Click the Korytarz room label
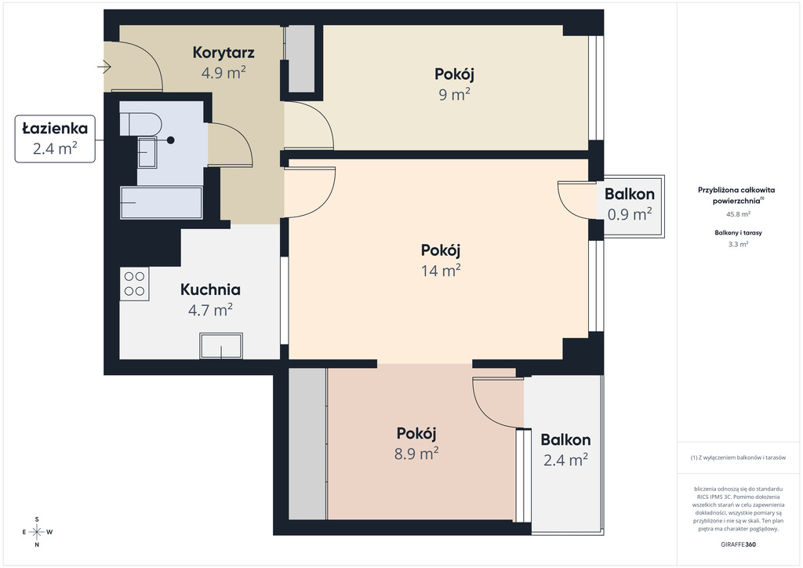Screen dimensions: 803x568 [223, 53]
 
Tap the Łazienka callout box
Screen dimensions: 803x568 [55, 139]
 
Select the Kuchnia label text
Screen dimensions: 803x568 [210, 289]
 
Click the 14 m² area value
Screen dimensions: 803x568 [441, 270]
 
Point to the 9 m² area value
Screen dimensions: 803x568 [454, 94]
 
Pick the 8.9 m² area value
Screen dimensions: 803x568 [416, 453]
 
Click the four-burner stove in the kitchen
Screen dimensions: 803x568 [134, 284]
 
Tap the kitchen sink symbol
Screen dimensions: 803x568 [221, 346]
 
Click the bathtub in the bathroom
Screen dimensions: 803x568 [162, 203]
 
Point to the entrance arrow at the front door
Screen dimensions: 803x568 [104, 67]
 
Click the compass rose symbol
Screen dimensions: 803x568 [37, 532]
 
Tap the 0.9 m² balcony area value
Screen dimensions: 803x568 [630, 213]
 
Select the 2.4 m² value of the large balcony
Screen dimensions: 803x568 [565, 460]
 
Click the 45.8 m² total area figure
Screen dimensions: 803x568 [738, 214]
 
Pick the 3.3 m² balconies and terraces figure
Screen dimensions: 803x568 [738, 244]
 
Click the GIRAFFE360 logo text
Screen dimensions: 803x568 [738, 544]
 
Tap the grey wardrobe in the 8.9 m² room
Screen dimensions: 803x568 [307, 443]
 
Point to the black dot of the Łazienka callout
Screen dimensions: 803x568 [170, 140]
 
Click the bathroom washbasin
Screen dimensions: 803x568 [147, 152]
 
